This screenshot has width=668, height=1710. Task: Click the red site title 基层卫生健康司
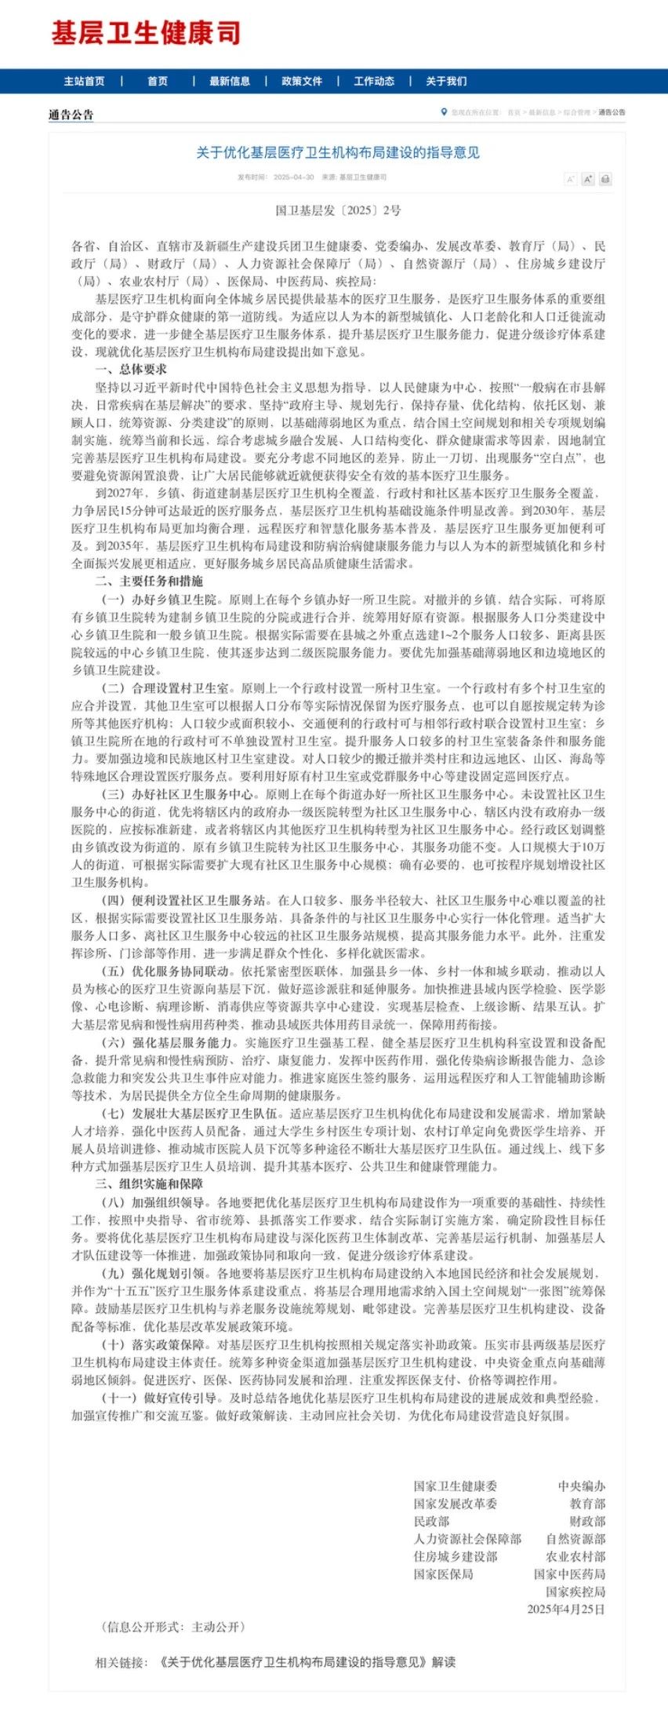click(x=146, y=34)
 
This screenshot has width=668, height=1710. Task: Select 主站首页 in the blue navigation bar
click(x=84, y=82)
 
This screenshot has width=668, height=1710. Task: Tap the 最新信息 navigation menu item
click(x=230, y=82)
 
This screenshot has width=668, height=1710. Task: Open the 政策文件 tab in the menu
click(x=302, y=82)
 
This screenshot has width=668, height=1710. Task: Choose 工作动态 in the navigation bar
click(x=374, y=82)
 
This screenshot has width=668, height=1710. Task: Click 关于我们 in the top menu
click(x=446, y=82)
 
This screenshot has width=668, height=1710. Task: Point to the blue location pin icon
click(x=444, y=112)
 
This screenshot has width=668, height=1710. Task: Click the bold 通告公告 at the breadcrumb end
click(x=612, y=113)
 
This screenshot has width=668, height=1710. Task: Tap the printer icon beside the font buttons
click(x=604, y=179)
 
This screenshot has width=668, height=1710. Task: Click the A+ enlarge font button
click(x=588, y=179)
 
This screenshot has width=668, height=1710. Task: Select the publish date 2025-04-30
click(x=293, y=177)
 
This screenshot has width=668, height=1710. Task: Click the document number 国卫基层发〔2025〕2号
click(x=338, y=210)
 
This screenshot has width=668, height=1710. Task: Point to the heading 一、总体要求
click(x=131, y=370)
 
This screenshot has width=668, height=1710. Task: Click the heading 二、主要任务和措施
click(x=149, y=582)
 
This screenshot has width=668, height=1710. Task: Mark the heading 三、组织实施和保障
click(x=149, y=1184)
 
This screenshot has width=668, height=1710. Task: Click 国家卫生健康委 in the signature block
click(x=456, y=1486)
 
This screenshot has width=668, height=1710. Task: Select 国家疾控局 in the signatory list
click(x=575, y=1592)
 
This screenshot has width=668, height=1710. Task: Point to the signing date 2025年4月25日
click(x=566, y=1610)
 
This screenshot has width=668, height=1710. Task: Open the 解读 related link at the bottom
click(x=306, y=1662)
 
